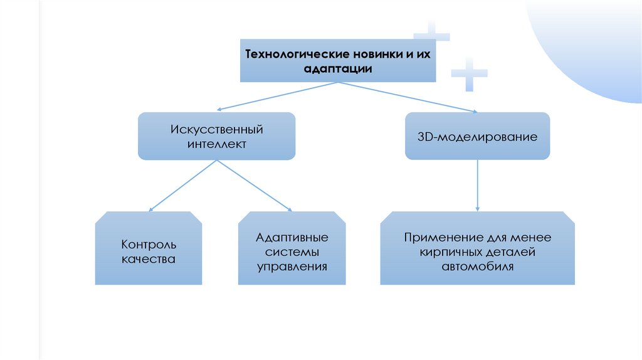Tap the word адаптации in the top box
point(338,69)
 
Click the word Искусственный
point(216,130)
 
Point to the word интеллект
point(216,144)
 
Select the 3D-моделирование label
point(477,136)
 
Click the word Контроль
point(149,244)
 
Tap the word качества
point(149,258)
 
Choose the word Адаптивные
point(292,238)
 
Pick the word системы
point(292,252)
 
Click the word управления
point(292,267)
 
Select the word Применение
point(443,238)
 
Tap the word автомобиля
point(478,267)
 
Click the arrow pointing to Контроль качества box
point(182,186)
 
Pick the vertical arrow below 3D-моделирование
point(478,185)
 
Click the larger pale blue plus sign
point(469,74)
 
